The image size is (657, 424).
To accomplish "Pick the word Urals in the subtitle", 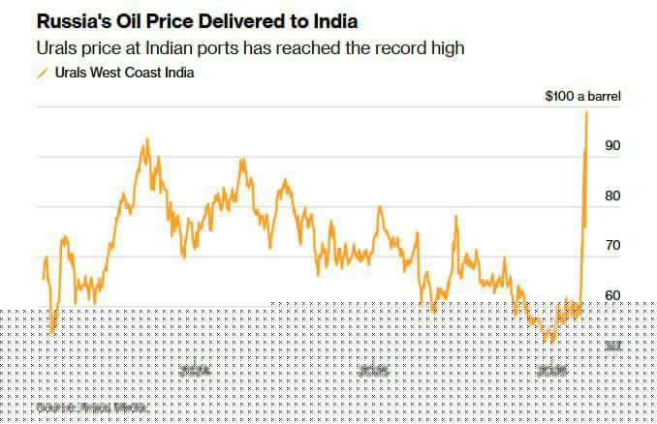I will click(x=55, y=46).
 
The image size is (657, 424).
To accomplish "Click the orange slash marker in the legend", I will click(x=42, y=72).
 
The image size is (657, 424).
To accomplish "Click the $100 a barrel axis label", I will click(x=583, y=97).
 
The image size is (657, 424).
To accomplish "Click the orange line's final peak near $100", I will click(x=587, y=112).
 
